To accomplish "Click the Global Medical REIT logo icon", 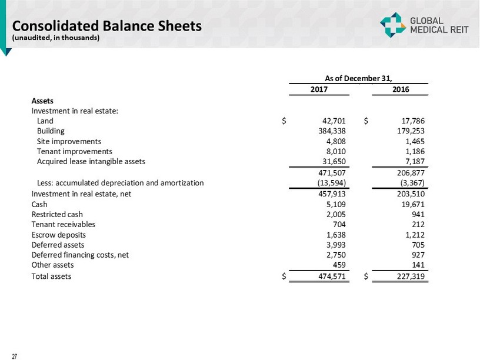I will point(392,24).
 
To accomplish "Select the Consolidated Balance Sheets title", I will point(107,26).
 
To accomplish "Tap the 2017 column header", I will point(319,89).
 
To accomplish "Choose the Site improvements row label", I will point(69,141).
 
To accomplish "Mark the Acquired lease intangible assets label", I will point(91,161).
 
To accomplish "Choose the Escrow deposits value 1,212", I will point(414,234).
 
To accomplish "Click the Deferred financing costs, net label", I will point(80,254).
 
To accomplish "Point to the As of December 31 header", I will point(358,77).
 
